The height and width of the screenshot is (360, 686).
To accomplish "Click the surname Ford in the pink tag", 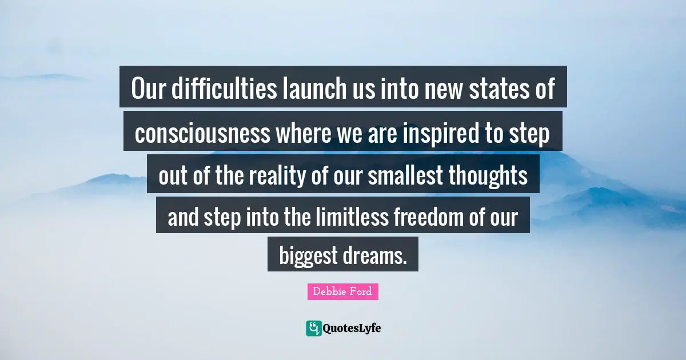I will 362,291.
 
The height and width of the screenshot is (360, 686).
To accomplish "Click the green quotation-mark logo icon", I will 313,327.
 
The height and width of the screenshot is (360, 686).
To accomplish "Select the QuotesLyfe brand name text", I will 352,328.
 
